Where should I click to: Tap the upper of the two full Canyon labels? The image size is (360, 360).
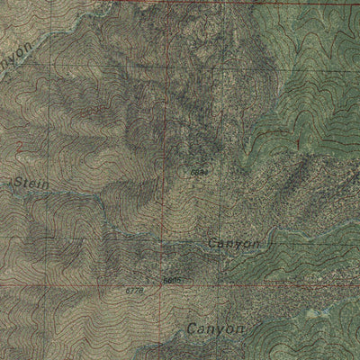click(x=233, y=244)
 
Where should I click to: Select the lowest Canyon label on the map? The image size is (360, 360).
click(x=216, y=329)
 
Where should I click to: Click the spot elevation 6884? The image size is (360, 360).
click(x=200, y=171)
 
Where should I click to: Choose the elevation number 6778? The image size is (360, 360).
click(x=134, y=291)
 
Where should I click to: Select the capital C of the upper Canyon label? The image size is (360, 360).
click(x=212, y=244)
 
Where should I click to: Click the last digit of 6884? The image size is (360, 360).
click(x=207, y=171)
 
